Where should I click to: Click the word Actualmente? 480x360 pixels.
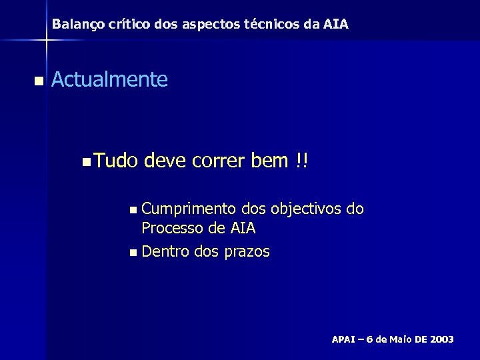tap(109, 80)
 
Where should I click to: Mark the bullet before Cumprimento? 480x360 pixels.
tap(135, 211)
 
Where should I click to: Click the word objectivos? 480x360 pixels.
tap(306, 209)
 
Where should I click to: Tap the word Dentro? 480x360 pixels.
tap(166, 251)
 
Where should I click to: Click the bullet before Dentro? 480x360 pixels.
tap(135, 253)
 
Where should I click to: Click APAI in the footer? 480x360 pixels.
tap(346, 339)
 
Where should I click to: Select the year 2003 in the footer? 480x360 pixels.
tap(441, 339)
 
